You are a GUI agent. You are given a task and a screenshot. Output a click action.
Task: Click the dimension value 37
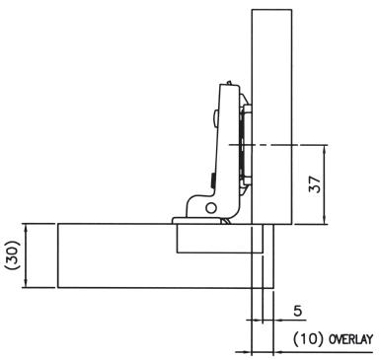[x=315, y=184]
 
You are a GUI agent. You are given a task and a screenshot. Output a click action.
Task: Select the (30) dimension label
[x=13, y=255]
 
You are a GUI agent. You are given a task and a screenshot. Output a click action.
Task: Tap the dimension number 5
[x=298, y=311]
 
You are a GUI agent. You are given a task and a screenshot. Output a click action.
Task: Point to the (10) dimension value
[x=308, y=338]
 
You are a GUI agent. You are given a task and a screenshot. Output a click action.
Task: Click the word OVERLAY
[x=351, y=339]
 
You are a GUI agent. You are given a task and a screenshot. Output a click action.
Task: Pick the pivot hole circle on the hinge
[x=211, y=208]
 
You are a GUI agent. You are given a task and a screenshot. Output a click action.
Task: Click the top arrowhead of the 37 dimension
[x=325, y=148]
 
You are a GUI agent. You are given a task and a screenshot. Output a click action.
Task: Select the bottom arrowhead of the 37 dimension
[x=325, y=220]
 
